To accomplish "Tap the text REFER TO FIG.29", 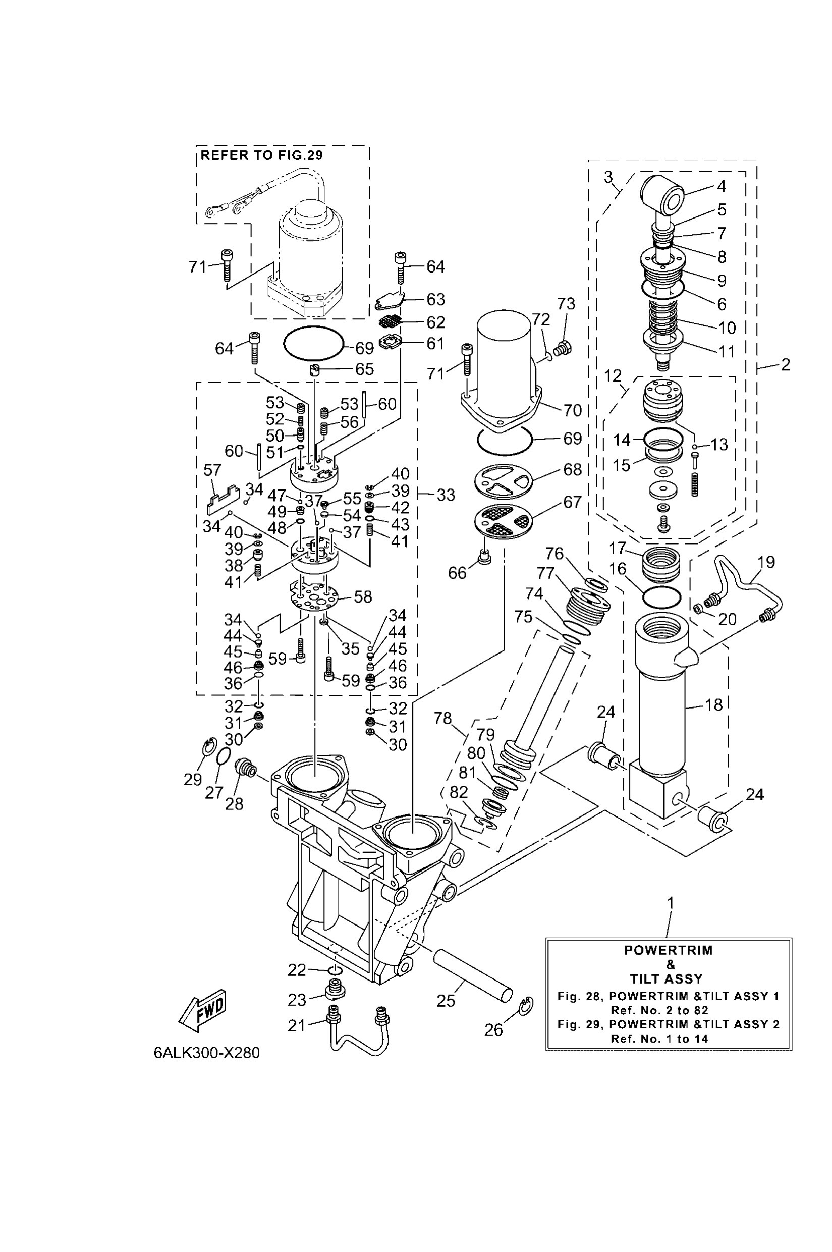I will coord(261,155).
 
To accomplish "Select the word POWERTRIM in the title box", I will coord(668,951).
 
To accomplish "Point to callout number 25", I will coord(446,1000).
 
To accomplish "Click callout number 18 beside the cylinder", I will coord(714,705).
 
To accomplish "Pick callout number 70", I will coord(572,410).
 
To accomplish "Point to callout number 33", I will coord(446,495).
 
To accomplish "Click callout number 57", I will coord(212,470).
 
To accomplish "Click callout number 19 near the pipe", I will coord(766,562).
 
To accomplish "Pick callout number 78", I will coord(442,719).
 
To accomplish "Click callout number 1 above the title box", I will coord(670,902).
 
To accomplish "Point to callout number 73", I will coord(566,304).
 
